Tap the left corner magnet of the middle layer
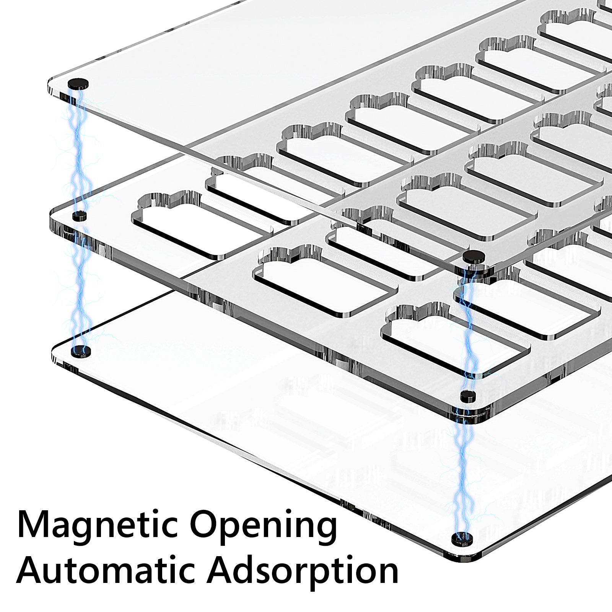pyautogui.click(x=80, y=216)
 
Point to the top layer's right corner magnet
pyautogui.click(x=474, y=256)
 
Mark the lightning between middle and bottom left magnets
pyautogui.click(x=79, y=283)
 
